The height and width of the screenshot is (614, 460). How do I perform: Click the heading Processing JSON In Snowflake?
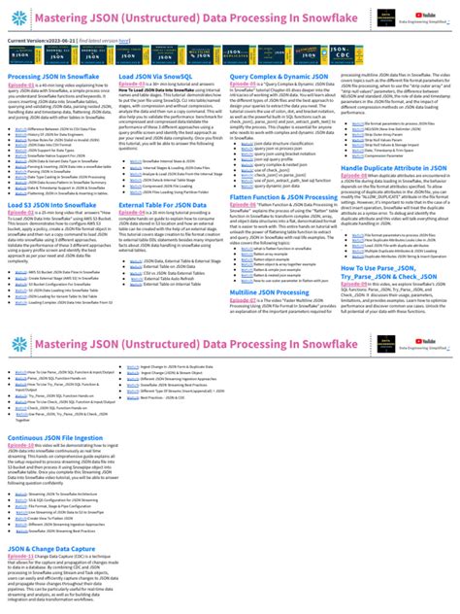click(53, 75)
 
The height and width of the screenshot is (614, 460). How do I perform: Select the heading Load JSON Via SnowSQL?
click(156, 75)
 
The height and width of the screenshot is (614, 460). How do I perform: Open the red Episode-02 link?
click(132, 85)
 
